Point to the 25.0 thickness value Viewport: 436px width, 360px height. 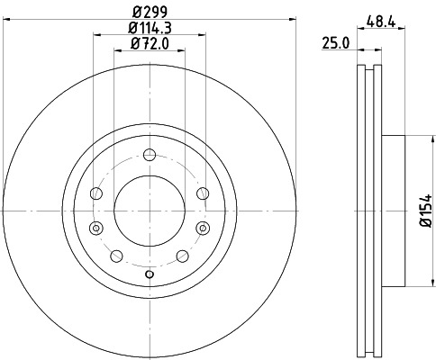click(337, 42)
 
